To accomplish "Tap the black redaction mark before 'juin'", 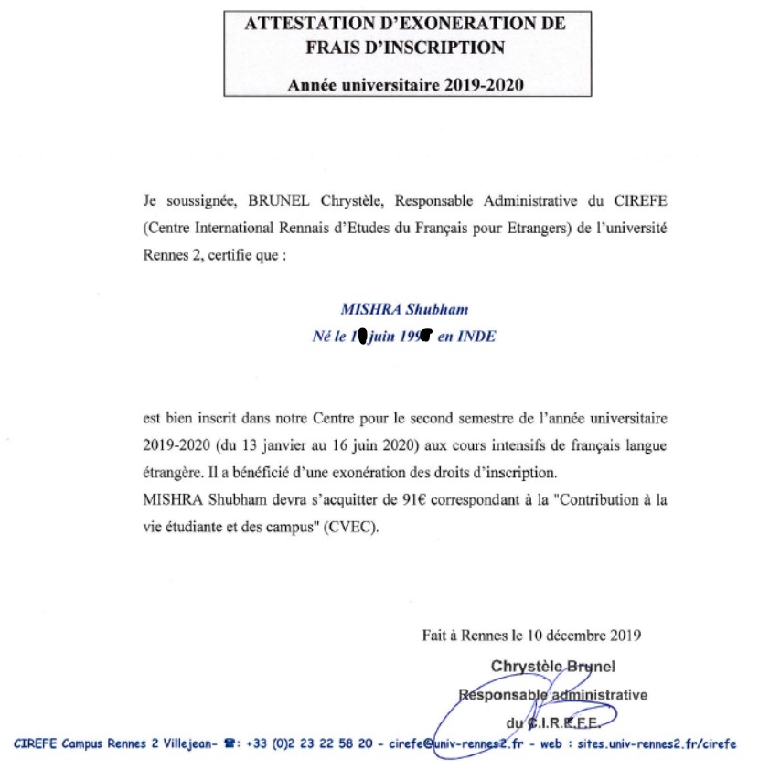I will [x=361, y=337].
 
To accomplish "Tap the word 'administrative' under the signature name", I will [x=595, y=695].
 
